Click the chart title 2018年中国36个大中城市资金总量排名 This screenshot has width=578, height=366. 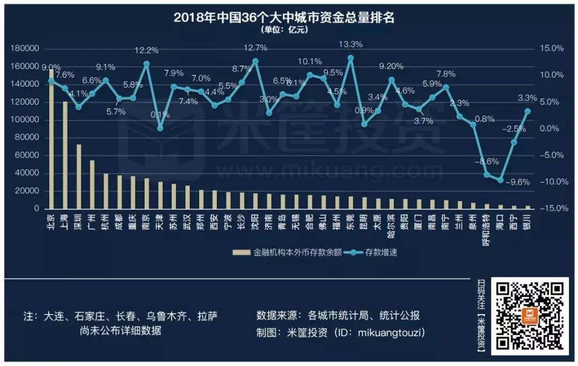pos(284,17)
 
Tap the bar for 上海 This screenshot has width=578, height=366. pos(65,155)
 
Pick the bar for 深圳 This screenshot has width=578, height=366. pos(79,176)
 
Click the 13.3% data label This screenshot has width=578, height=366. pos(351,44)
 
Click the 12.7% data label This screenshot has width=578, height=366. pos(255,48)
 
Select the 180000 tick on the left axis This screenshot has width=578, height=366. pos(25,49)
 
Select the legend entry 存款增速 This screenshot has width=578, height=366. pos(382,252)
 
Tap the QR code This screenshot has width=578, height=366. pos(530,316)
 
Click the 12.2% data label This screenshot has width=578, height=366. pos(146,50)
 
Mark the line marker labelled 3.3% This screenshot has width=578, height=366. pos(528,111)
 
